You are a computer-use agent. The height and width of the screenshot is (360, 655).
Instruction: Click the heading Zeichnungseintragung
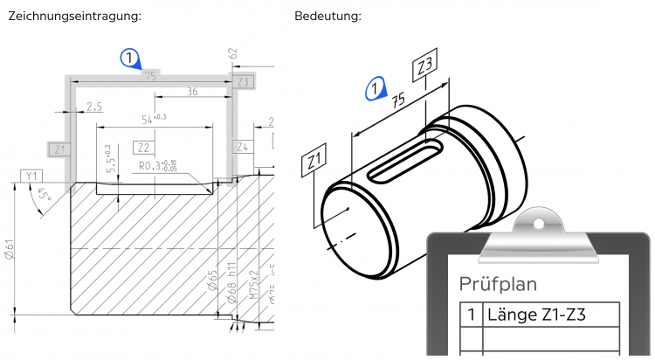coord(73,17)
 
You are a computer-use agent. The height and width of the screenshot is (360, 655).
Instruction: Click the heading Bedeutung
coord(327,17)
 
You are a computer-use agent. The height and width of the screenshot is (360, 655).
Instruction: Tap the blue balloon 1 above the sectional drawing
coord(129,59)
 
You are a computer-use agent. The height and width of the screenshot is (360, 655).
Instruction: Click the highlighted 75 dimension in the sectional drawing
coord(152,76)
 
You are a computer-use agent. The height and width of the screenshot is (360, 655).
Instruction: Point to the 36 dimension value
coord(191,91)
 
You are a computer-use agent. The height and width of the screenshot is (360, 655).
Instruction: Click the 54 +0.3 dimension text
coord(148,117)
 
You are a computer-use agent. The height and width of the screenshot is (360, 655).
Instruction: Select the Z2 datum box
coord(142,147)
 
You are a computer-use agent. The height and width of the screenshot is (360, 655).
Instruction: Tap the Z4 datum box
coord(242,147)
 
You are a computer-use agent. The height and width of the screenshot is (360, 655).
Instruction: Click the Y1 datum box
coord(32,176)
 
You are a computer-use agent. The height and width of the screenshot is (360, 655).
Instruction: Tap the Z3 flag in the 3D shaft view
coord(425,66)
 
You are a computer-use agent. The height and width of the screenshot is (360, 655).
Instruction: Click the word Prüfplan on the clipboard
coord(499,284)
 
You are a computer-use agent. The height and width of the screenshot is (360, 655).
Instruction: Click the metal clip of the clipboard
coord(539,230)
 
